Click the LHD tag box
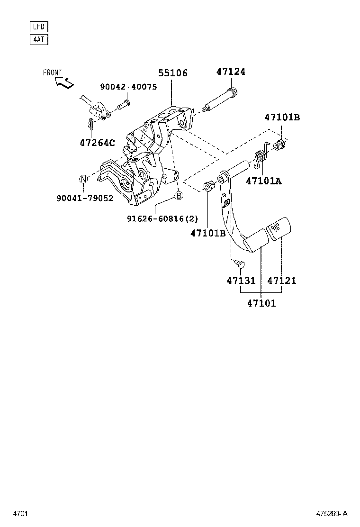click(x=39, y=27)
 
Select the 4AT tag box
click(x=39, y=39)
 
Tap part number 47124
click(x=231, y=72)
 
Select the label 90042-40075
click(x=128, y=87)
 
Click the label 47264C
click(x=98, y=142)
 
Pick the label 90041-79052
click(x=85, y=198)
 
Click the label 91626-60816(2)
click(x=162, y=218)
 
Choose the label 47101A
click(x=263, y=181)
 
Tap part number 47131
click(x=241, y=281)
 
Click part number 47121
click(x=282, y=281)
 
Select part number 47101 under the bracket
click(x=261, y=303)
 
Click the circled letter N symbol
click(x=83, y=179)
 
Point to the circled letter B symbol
click(x=179, y=196)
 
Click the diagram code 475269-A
click(x=332, y=513)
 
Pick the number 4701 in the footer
click(x=20, y=513)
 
